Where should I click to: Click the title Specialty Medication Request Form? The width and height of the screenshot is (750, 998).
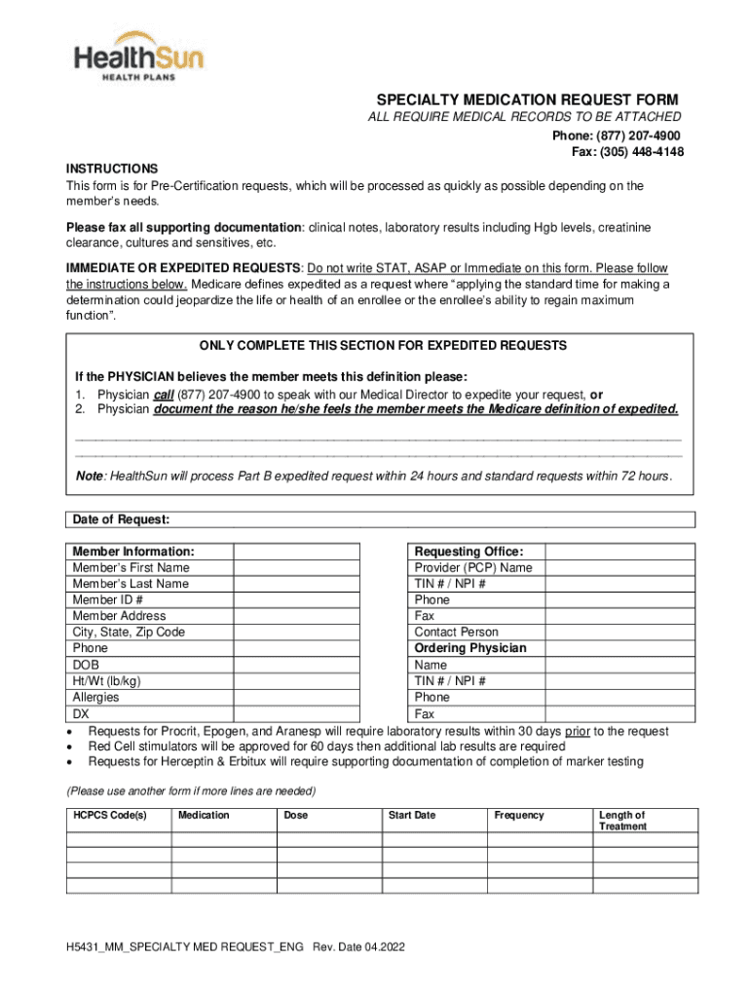pyautogui.click(x=527, y=100)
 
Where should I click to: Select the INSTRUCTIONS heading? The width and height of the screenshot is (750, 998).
pyautogui.click(x=112, y=169)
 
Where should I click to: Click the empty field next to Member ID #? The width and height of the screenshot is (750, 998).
pyautogui.click(x=296, y=600)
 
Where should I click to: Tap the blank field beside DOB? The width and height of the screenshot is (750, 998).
pyautogui.click(x=296, y=666)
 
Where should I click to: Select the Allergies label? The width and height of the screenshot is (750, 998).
pyautogui.click(x=95, y=698)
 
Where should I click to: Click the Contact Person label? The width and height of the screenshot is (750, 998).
pyautogui.click(x=457, y=633)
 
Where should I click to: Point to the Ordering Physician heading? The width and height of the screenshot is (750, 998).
pyautogui.click(x=470, y=648)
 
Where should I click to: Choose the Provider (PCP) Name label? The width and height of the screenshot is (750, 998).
pyautogui.click(x=473, y=567)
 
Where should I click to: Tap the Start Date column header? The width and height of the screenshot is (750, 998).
pyautogui.click(x=412, y=815)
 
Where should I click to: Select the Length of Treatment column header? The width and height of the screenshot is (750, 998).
pyautogui.click(x=622, y=821)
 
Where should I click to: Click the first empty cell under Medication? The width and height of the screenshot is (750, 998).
pyautogui.click(x=224, y=839)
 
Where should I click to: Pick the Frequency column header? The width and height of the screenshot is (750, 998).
pyautogui.click(x=519, y=815)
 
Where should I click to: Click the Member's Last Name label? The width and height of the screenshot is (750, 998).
pyautogui.click(x=131, y=584)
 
